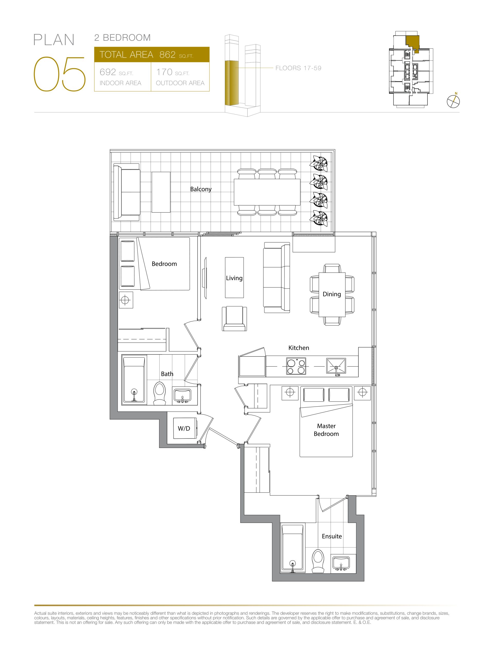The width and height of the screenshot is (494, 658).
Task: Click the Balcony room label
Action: [x=201, y=189]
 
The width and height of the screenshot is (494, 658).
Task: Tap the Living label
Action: [x=234, y=278]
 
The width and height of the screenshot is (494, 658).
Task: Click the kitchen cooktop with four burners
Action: [x=296, y=366]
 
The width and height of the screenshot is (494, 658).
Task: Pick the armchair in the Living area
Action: [x=235, y=318]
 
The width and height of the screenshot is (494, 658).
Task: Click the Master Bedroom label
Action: [x=326, y=430]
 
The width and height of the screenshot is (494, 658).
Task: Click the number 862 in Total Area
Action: [x=168, y=55]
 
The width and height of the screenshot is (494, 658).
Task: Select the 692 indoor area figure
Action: [x=108, y=72]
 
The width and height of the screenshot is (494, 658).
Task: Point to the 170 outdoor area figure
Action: [x=164, y=72]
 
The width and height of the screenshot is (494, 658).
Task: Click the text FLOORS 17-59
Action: [x=298, y=68]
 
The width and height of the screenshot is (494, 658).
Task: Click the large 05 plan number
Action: [x=59, y=74]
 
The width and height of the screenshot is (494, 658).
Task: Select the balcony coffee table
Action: [x=161, y=192]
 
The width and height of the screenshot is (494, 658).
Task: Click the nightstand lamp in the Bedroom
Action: [x=125, y=300]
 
